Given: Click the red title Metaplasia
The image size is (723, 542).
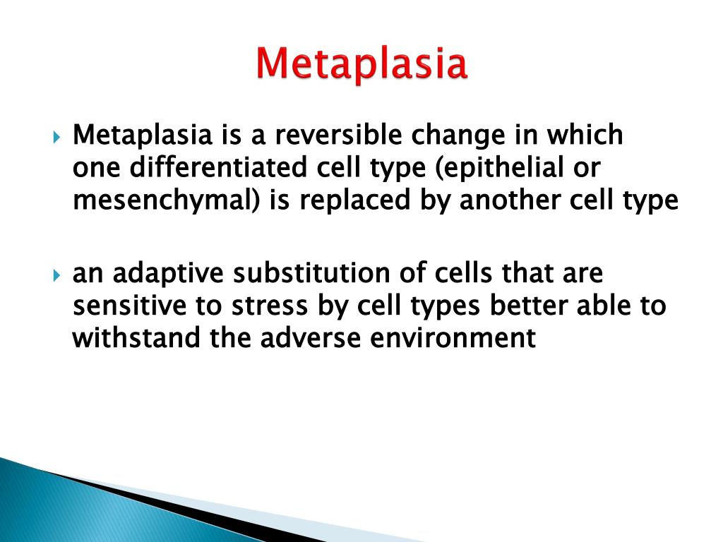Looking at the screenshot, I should tap(361, 64).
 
